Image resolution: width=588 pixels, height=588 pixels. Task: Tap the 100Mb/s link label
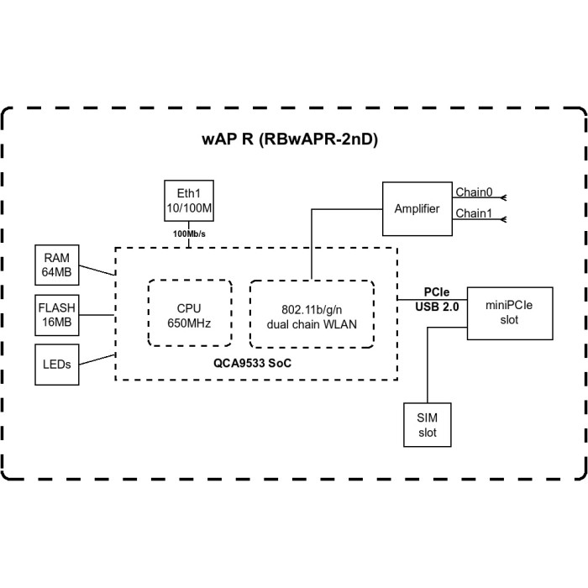pos(188,234)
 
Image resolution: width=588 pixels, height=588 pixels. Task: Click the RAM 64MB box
pos(58,265)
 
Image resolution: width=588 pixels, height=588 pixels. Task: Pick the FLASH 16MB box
pos(58,314)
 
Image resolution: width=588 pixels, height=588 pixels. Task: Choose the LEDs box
pos(57,364)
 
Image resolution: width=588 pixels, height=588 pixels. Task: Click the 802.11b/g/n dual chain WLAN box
pos(311,312)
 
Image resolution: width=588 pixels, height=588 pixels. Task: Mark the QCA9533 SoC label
pos(255,364)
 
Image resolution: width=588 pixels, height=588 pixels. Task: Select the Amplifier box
pos(417,207)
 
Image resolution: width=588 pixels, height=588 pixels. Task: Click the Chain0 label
pos(475,192)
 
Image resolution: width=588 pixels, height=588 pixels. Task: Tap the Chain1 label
pos(475,213)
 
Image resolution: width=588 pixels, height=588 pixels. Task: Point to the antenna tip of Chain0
pos(504,198)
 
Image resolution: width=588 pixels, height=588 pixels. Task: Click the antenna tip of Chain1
pos(504,220)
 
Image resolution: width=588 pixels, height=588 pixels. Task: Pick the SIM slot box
pos(428,424)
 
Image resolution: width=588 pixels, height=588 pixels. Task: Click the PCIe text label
pos(436,291)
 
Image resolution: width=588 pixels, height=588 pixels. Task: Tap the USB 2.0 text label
pos(437,307)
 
